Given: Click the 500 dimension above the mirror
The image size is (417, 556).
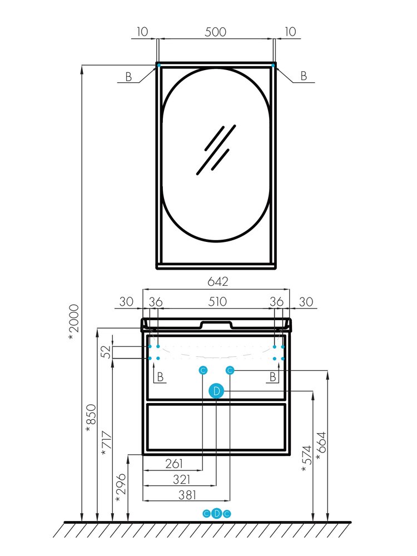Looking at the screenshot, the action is coord(215,32).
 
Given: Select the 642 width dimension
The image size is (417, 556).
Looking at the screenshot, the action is coord(217,281).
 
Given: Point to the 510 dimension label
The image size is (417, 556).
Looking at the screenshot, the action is coord(217,302).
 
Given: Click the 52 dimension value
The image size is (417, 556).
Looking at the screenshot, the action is coord(106,352).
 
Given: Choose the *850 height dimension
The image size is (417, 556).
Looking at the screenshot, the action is coord(91,419).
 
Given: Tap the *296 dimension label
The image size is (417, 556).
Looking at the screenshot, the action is coord(121,488).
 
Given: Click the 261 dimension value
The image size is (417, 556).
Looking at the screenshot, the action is coord(174,464).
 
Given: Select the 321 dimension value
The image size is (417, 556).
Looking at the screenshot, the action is coord(182,479).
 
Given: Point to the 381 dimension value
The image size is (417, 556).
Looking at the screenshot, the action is coord(187,495).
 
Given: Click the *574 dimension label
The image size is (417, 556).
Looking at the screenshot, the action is coord(306,459).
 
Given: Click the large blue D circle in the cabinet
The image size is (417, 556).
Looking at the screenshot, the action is coord(216,391).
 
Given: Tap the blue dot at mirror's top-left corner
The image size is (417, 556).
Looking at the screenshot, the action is coord(159,65).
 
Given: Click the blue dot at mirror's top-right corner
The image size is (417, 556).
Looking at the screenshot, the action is coord(273,65).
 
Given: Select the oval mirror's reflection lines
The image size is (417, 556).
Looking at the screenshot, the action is coord(216,150).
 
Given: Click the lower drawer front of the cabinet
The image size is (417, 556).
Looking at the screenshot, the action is coord(216,427).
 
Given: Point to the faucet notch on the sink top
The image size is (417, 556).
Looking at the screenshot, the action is coord(216,324).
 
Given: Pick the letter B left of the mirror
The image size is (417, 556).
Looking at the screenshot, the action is coord(128,77).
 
